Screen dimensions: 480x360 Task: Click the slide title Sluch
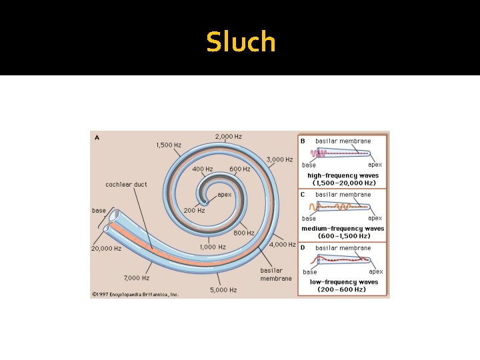tap(241, 42)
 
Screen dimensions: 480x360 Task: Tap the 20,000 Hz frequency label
tap(106, 249)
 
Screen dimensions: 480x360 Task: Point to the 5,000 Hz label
tap(223, 290)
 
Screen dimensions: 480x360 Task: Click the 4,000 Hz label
tap(282, 244)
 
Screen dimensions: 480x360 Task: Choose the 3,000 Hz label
tap(279, 160)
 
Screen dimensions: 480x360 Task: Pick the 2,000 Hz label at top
tap(228, 137)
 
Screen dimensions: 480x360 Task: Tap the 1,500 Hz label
tap(169, 145)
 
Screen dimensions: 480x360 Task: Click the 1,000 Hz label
tap(213, 247)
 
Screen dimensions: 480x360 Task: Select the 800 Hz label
tap(243, 233)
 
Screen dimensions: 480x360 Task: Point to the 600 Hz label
tap(239, 169)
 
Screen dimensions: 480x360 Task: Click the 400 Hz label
tap(203, 169)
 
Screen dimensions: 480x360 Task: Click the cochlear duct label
tap(126, 184)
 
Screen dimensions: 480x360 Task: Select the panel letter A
tap(97, 138)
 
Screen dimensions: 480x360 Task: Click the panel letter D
tap(303, 248)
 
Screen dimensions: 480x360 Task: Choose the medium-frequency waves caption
tap(343, 231)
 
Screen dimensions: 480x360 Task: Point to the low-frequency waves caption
tap(343, 285)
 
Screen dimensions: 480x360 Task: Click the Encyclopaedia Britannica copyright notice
tap(135, 293)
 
